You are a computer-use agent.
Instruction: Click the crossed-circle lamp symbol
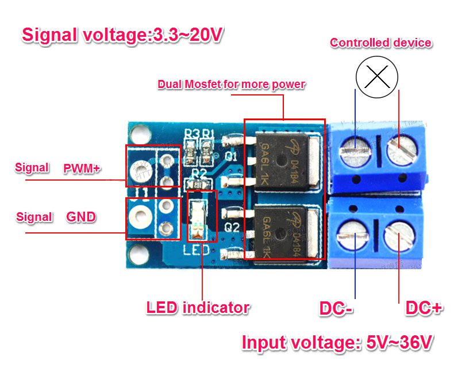[x=377, y=76]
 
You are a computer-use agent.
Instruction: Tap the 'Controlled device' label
[x=380, y=43]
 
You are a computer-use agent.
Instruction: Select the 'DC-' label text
[x=336, y=308]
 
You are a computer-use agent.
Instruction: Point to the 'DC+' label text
[x=424, y=308]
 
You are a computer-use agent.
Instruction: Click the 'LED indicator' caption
[x=198, y=308]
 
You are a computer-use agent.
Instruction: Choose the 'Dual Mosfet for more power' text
[x=231, y=85]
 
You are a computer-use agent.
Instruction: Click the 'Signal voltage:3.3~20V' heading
[x=122, y=35]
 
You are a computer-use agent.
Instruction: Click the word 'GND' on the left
[x=81, y=217]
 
